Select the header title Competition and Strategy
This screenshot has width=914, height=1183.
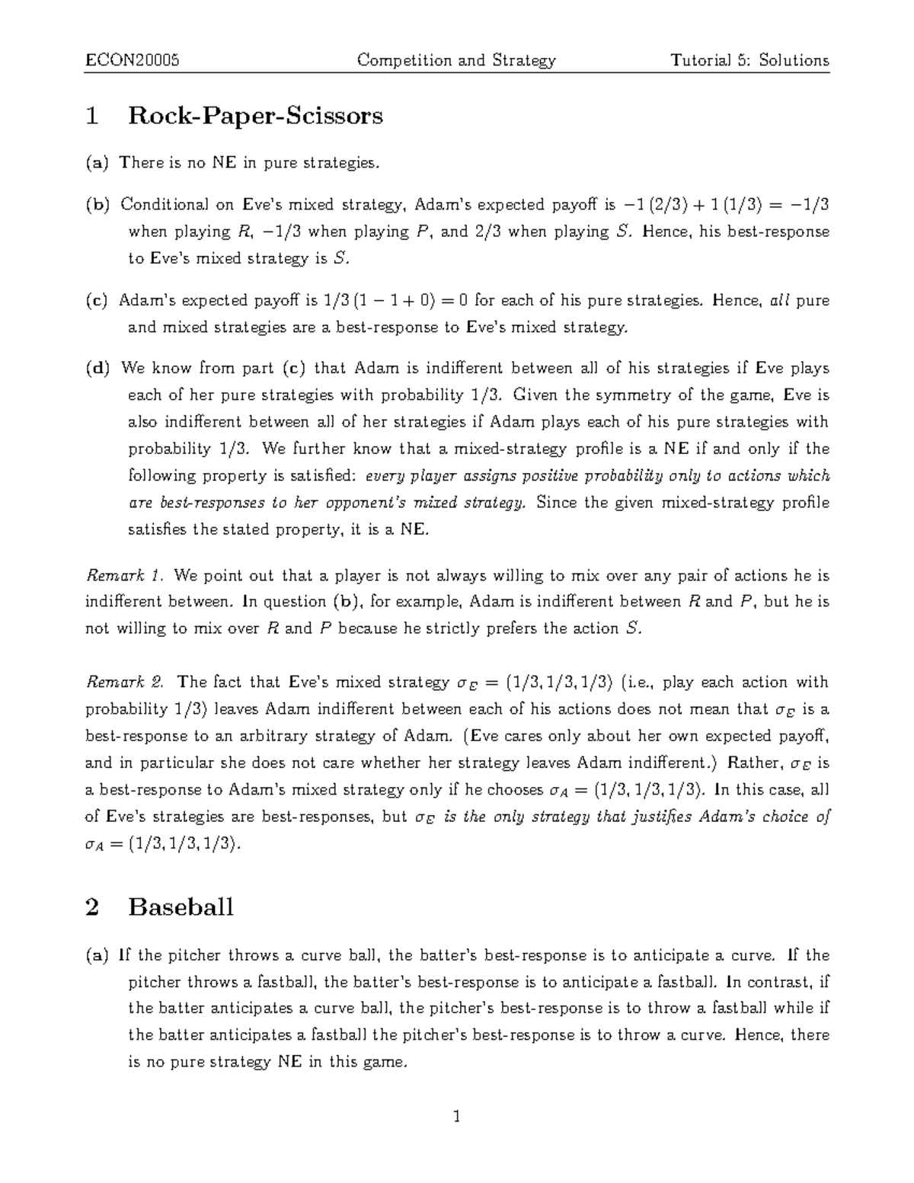(x=457, y=60)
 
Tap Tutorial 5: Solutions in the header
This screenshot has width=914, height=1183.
(x=749, y=60)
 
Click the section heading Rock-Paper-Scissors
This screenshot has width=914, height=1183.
(x=255, y=116)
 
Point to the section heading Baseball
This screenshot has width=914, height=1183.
(x=181, y=907)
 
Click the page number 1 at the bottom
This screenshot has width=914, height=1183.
(x=457, y=1117)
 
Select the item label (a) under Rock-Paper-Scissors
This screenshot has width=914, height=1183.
(x=97, y=162)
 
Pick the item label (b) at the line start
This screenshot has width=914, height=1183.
(x=97, y=204)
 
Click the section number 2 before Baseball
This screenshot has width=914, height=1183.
(x=92, y=907)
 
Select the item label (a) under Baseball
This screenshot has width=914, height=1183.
(x=97, y=954)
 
